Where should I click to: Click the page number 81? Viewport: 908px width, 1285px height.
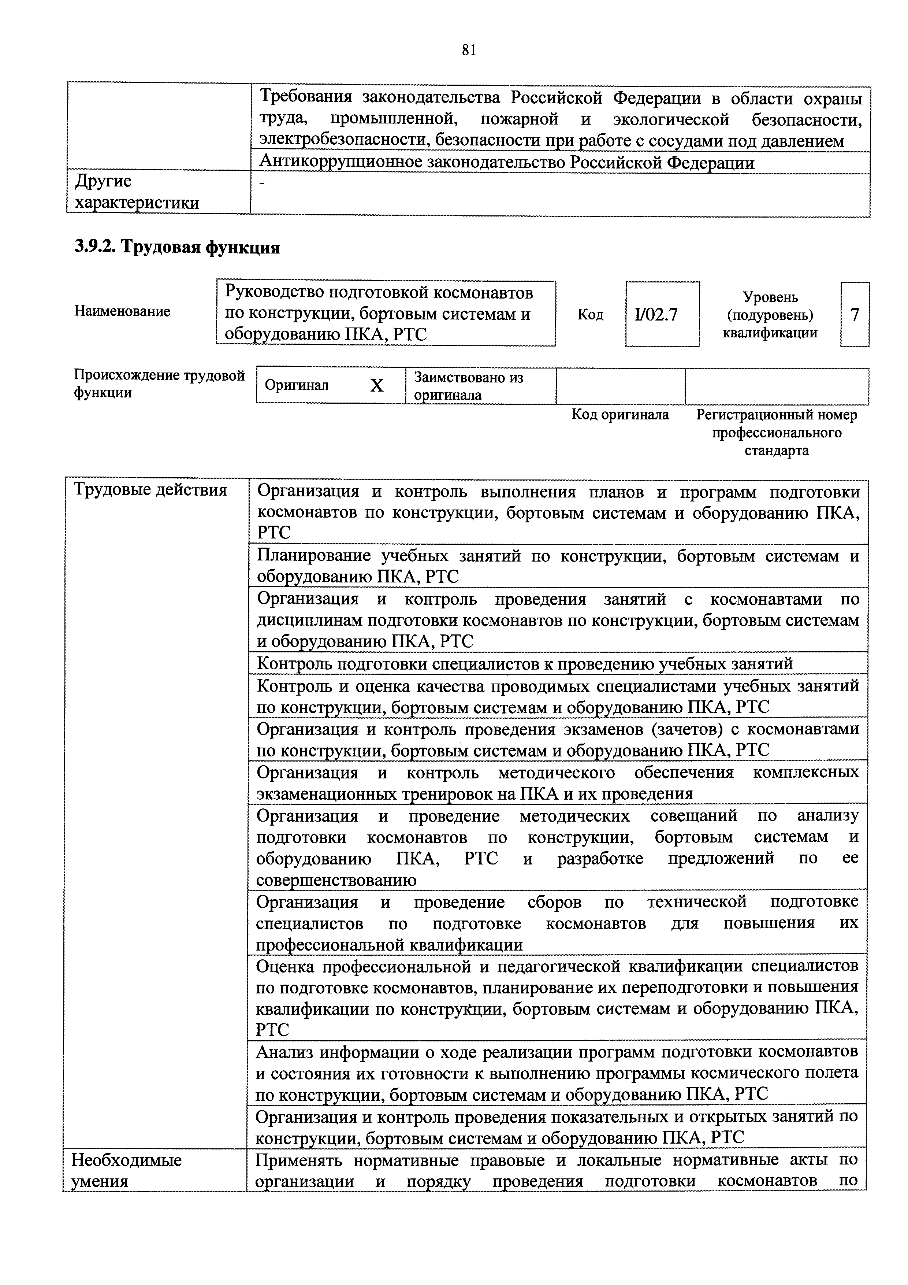[x=469, y=51]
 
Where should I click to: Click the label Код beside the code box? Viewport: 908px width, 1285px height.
[x=590, y=315]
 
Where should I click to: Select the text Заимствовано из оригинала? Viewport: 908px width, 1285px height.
[x=468, y=386]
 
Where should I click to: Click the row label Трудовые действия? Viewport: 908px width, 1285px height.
[x=150, y=490]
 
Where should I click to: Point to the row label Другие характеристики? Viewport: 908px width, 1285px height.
[x=137, y=192]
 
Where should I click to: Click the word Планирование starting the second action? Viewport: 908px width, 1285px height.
[x=314, y=556]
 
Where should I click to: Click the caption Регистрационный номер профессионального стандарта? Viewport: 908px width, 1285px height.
[x=777, y=433]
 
